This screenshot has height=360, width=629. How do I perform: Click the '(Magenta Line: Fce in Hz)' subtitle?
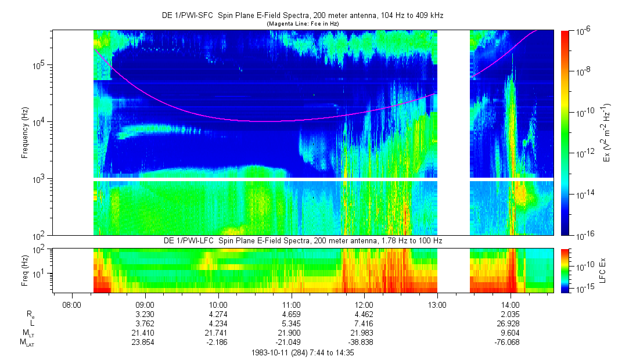303,24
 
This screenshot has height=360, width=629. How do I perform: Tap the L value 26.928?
510,323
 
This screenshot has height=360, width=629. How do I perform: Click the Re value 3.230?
145,314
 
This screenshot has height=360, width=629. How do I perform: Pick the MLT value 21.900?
291,333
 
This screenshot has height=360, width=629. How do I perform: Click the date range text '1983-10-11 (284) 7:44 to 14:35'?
303,352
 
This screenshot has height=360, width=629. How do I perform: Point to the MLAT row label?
27,343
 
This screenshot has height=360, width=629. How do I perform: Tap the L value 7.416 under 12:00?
364,323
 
